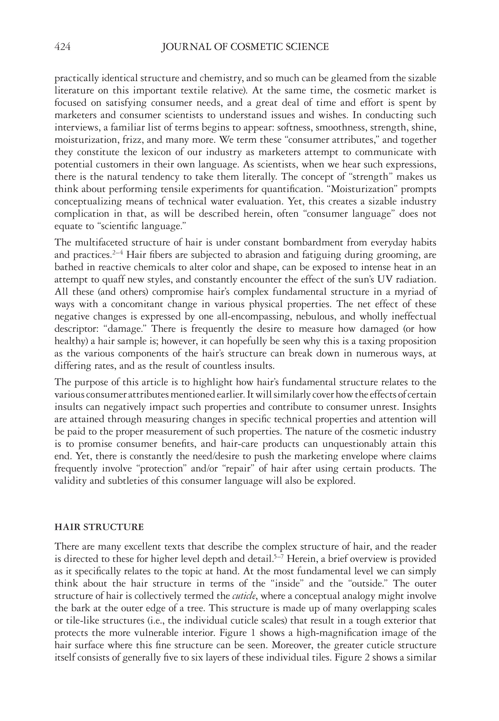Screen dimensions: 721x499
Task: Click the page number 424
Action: coord(62,47)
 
